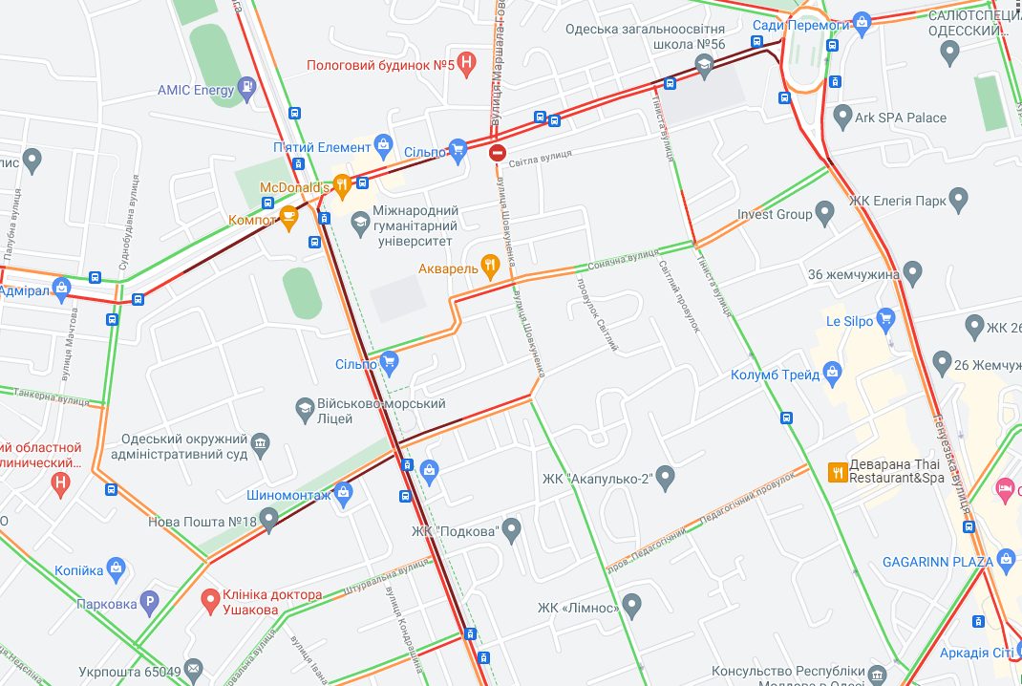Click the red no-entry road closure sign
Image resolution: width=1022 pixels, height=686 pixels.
(x=497, y=152)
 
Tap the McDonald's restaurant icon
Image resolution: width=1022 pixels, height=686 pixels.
(x=341, y=184)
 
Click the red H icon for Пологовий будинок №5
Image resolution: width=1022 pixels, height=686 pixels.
(x=466, y=65)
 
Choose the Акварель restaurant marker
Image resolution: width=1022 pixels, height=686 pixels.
(x=490, y=268)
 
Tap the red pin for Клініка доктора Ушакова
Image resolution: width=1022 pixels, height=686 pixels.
(x=211, y=600)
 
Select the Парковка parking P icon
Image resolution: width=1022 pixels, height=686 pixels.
(x=149, y=603)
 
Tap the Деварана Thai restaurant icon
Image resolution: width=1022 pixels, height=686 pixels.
(x=838, y=471)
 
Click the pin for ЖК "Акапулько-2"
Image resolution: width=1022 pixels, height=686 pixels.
(x=666, y=477)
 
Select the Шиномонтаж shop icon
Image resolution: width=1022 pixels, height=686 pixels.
(x=344, y=494)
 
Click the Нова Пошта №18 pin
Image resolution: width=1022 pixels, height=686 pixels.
(x=269, y=521)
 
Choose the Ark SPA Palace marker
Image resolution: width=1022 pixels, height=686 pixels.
(x=841, y=118)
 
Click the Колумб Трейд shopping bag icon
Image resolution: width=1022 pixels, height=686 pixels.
(x=831, y=374)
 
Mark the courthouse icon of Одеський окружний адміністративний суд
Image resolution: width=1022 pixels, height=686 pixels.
(x=259, y=444)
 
